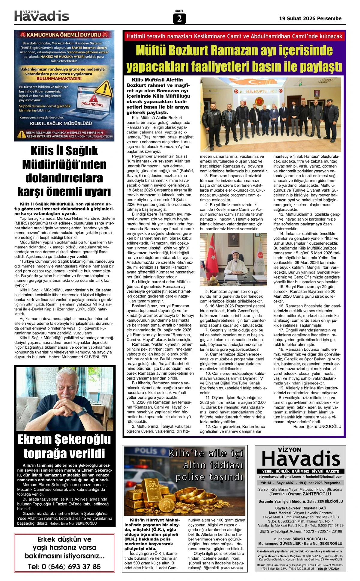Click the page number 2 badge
click(x=179, y=19)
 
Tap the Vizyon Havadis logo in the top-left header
click(x=42, y=15)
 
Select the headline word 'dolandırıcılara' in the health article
click(x=64, y=178)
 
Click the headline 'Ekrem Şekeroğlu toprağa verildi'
click(x=64, y=446)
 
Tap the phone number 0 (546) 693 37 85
click(x=64, y=567)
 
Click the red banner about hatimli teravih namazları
click(x=234, y=36)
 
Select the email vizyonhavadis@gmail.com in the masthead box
click(x=280, y=476)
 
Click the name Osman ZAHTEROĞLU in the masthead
click(x=314, y=494)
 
